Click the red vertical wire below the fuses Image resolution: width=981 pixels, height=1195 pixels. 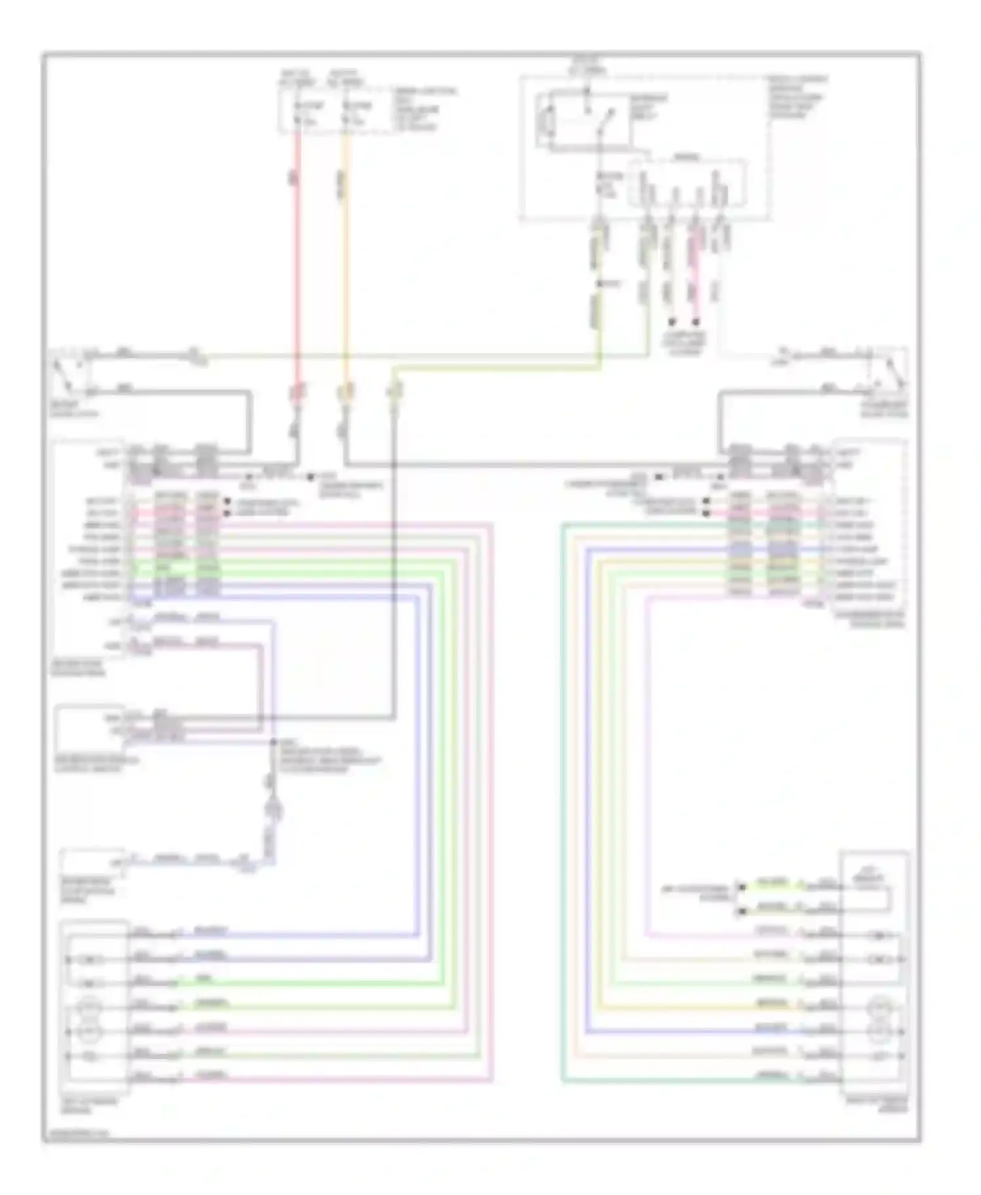click(x=298, y=261)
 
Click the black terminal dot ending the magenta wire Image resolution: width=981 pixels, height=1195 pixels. click(x=697, y=322)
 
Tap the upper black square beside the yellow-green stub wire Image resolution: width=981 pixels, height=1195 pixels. click(x=741, y=887)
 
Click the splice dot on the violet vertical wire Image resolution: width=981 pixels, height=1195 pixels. click(x=273, y=743)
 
